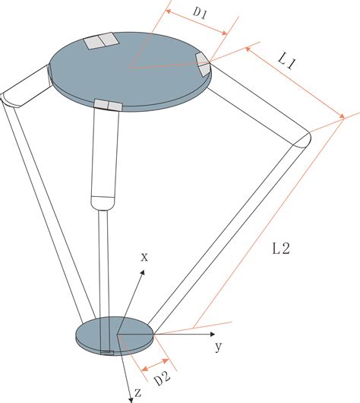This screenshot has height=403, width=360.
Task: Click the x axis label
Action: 144,257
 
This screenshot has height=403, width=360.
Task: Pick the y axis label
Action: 217,347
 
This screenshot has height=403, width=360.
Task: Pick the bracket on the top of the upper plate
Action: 101,41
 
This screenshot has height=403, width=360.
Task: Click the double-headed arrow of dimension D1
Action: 196,22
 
